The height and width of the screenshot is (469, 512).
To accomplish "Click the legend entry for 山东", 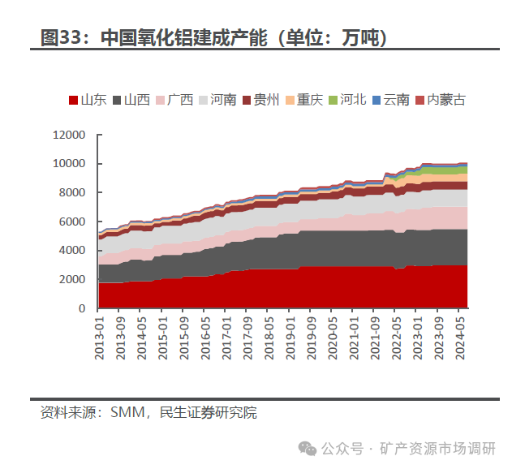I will [x=87, y=100].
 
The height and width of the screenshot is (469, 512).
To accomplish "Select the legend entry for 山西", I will [x=131, y=100].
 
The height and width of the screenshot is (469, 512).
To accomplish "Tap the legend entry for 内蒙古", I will [x=441, y=100].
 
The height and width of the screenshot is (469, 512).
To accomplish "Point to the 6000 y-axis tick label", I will [x=71, y=222].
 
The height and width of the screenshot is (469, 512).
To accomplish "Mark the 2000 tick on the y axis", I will [x=71, y=279].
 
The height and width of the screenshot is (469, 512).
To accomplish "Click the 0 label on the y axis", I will [x=81, y=308].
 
